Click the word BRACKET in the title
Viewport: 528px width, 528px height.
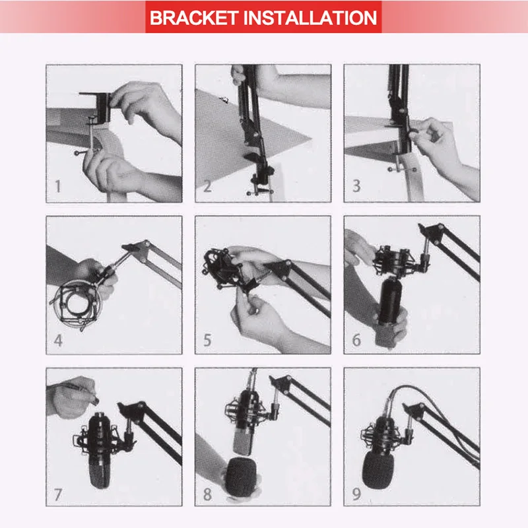point(194,18)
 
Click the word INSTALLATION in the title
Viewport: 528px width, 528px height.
point(310,18)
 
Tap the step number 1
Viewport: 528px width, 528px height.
point(58,186)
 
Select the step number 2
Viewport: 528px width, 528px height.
point(207,186)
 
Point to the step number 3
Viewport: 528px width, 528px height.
point(356,186)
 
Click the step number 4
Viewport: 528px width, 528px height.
point(58,341)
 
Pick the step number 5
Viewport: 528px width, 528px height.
point(207,340)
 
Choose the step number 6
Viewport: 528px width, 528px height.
point(356,340)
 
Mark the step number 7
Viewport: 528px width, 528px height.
point(58,494)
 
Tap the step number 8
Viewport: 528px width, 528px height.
point(207,494)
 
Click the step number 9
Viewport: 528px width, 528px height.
point(356,494)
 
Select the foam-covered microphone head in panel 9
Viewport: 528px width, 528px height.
point(377,469)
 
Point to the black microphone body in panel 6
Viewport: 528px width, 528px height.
point(390,300)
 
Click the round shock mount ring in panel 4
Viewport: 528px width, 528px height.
point(75,303)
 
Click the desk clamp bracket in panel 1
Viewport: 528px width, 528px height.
point(98,107)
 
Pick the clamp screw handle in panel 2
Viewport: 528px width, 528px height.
point(260,193)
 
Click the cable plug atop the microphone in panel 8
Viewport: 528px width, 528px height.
point(252,380)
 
